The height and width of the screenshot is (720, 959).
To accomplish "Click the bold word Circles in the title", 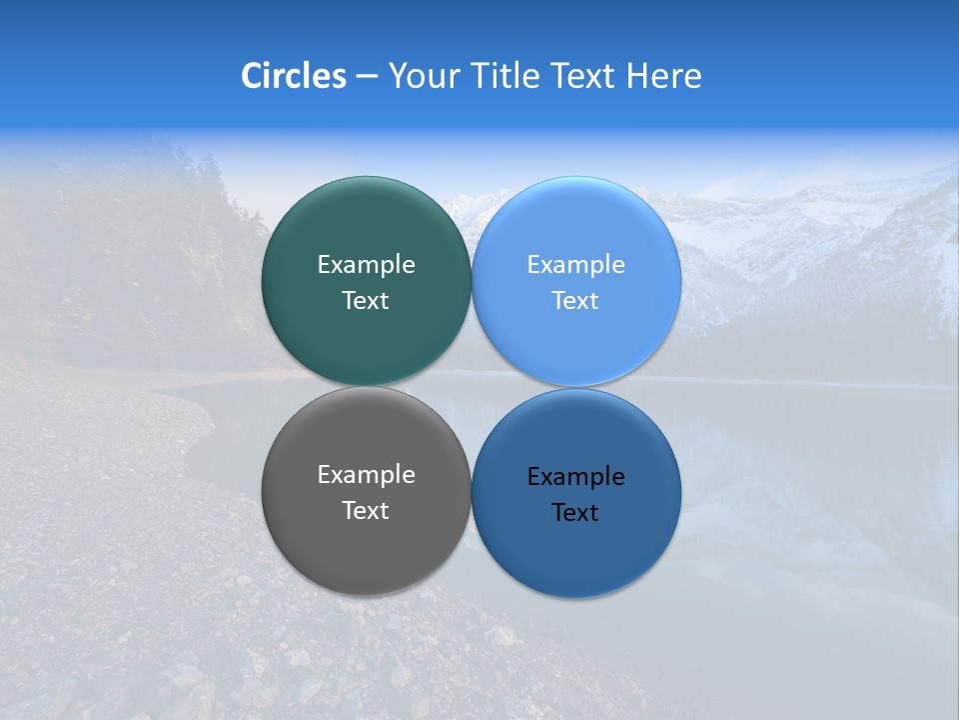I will tap(293, 76).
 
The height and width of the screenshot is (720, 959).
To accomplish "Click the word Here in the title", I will tap(663, 76).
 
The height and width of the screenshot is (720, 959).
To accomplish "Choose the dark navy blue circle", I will tap(576, 550).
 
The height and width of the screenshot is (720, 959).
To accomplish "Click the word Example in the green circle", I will tap(366, 265).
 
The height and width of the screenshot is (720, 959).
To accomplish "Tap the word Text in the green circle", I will tap(366, 301).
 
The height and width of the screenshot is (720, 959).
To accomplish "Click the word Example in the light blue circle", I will tap(576, 265).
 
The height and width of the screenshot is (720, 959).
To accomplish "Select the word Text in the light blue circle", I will tap(576, 301).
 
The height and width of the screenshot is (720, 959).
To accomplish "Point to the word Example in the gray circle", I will tap(366, 475).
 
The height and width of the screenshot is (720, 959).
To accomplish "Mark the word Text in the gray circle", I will tap(366, 511).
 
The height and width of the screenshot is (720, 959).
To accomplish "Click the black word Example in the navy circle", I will tap(576, 477).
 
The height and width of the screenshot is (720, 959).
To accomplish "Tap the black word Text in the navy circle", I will tap(576, 513).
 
